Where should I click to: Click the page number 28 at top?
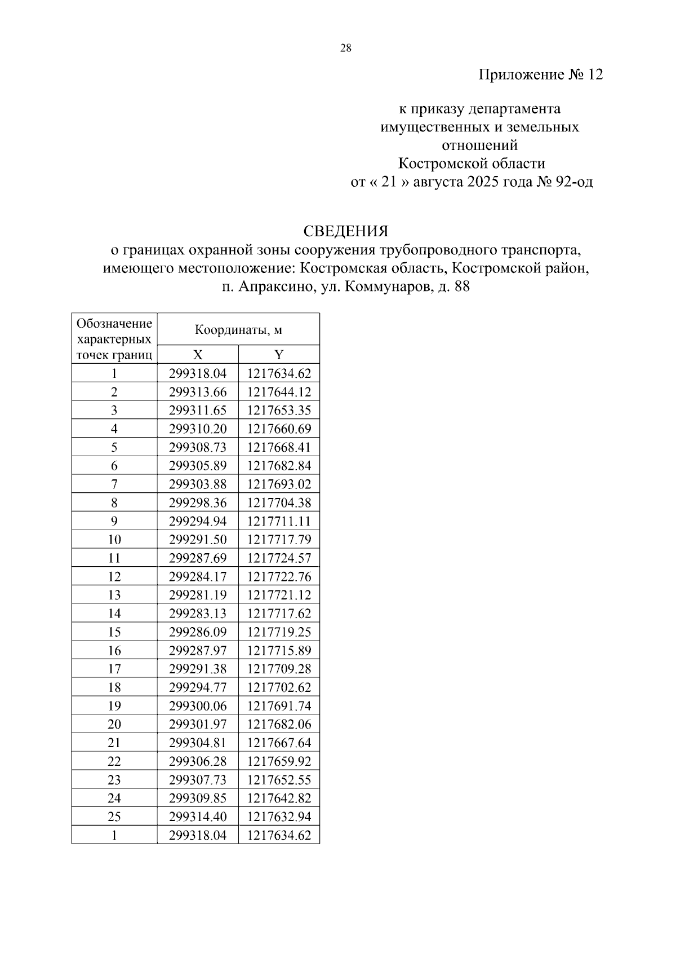click(346, 48)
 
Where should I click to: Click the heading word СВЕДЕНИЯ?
click(346, 231)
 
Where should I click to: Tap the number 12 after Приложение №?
click(595, 74)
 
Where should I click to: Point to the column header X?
click(198, 355)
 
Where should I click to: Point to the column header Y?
click(279, 355)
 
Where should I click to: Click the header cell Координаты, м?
click(238, 330)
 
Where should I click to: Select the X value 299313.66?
click(198, 392)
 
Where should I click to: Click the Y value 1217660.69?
click(279, 429)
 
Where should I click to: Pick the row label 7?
click(114, 484)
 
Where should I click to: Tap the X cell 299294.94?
click(198, 521)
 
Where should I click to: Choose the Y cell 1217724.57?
click(279, 558)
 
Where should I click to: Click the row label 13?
click(114, 595)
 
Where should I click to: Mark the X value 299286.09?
click(198, 632)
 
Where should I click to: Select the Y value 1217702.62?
click(279, 687)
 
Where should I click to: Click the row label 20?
click(114, 724)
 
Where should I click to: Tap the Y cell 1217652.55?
click(279, 780)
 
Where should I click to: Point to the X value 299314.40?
click(198, 817)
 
